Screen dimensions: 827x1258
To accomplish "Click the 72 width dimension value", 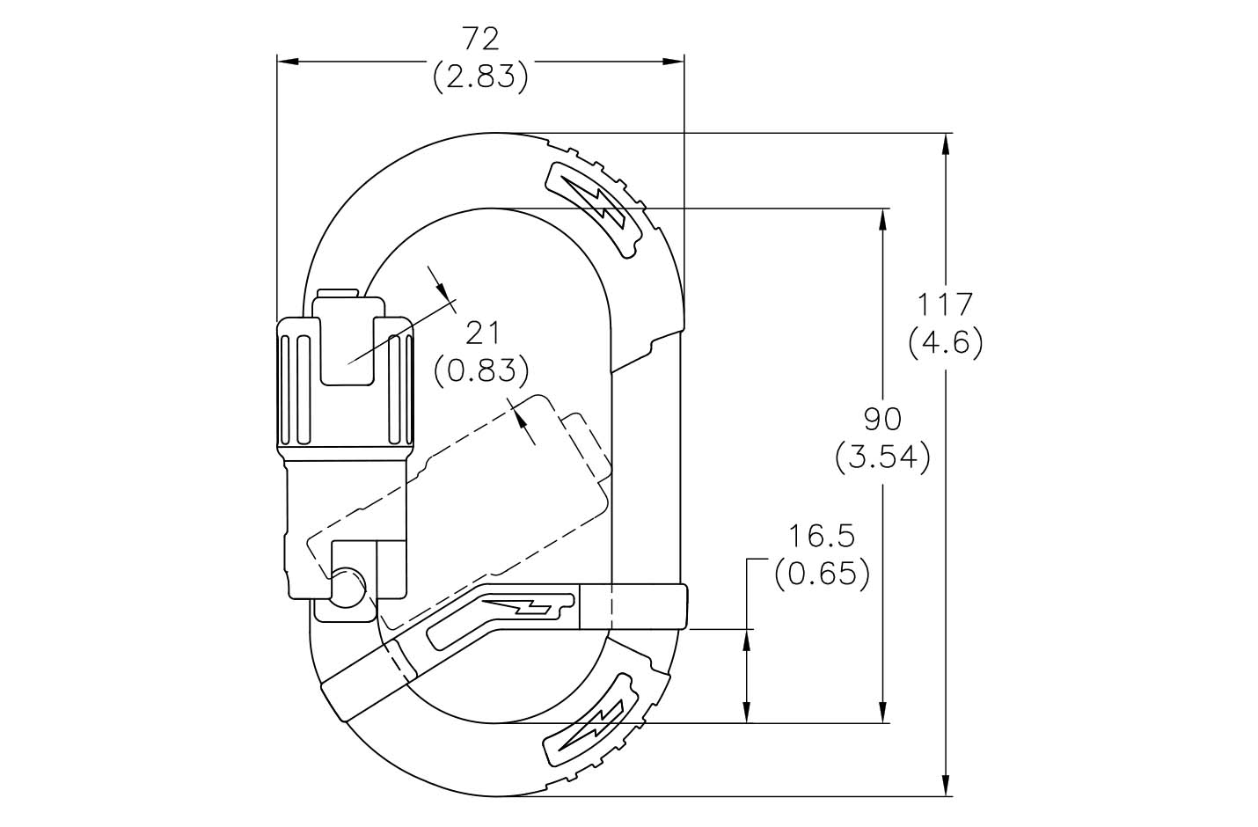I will tap(480, 40).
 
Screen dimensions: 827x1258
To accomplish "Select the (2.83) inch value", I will tap(480, 77).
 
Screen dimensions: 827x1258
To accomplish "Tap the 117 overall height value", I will tap(946, 304).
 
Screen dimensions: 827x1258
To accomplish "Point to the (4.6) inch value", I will tap(946, 341).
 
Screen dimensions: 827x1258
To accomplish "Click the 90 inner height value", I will tap(882, 420).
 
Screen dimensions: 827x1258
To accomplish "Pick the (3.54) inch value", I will tap(882, 457).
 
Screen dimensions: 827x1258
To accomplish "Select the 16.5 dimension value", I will tap(822, 536).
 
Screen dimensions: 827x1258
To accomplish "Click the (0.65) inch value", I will tap(822, 574).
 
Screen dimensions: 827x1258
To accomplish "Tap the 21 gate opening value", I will tap(482, 333).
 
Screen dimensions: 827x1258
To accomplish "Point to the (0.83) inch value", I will tap(482, 370).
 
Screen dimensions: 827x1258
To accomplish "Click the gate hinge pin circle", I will tap(348, 586).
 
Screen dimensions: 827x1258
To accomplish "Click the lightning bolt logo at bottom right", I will tap(591, 721).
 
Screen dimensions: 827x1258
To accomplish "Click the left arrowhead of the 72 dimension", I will tap(286, 62).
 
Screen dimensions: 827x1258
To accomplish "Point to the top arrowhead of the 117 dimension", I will tap(946, 142).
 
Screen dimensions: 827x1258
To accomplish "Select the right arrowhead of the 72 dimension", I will tap(675, 62).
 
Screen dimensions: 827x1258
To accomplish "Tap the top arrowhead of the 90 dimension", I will tap(882, 218).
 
